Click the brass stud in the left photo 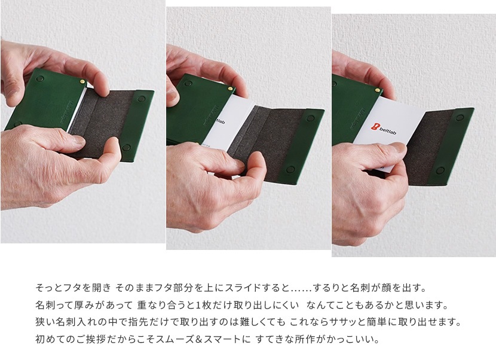(x=82, y=82)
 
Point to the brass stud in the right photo (x=377, y=90)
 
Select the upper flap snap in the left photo (x=141, y=99)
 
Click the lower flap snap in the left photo (x=126, y=148)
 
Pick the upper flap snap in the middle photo (x=311, y=118)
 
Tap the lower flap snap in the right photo (x=440, y=171)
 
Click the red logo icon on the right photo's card (x=375, y=127)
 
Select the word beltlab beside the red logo (x=387, y=131)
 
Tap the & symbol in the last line (x=198, y=339)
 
